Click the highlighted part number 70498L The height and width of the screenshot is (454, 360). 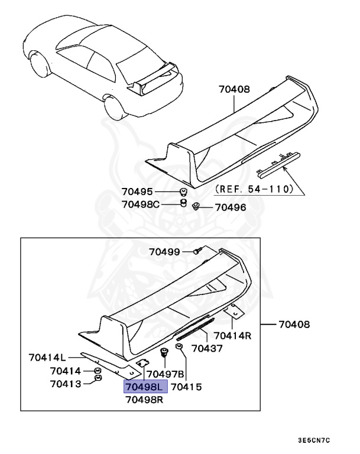coord(145,387)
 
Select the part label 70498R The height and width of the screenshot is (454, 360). coord(144,400)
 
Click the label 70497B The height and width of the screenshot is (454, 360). coord(166,374)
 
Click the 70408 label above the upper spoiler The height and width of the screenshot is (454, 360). coord(234,90)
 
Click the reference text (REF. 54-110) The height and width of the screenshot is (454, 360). coord(254,190)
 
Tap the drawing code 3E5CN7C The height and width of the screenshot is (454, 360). coord(313,440)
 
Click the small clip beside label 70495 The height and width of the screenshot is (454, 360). coord(184,192)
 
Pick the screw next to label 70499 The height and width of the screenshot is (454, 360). coord(199,252)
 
